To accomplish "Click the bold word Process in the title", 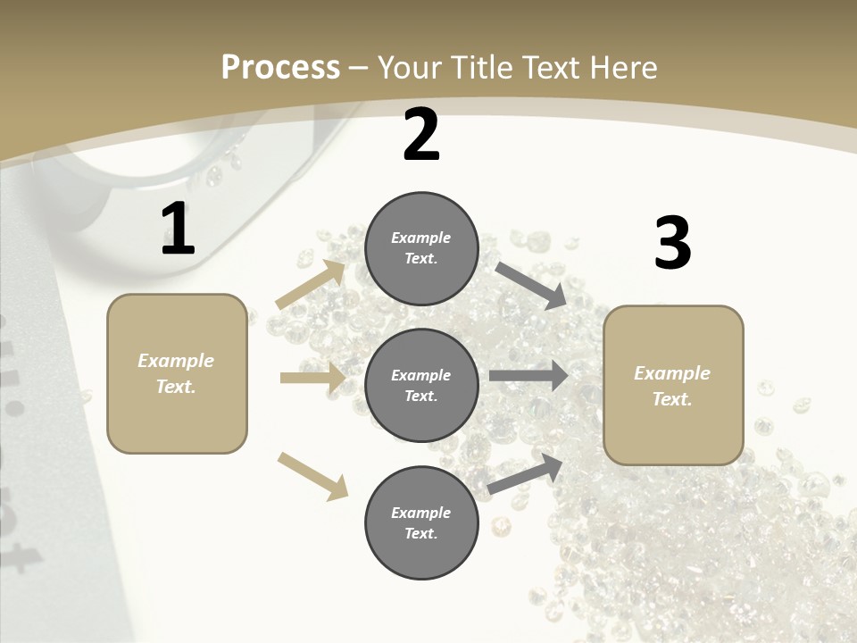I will click(280, 68).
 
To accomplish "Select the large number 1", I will click(178, 230).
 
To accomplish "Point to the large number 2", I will click(421, 136).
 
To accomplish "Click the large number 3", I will click(672, 244).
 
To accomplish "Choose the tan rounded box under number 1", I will click(177, 373).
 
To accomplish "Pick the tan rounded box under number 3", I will click(673, 385).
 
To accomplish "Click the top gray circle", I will click(421, 248).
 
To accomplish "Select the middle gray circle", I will click(421, 385).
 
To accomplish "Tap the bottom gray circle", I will click(421, 522).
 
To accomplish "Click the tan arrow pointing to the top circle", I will click(311, 284).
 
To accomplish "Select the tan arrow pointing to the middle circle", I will click(312, 378).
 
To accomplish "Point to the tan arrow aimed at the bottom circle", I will click(312, 475).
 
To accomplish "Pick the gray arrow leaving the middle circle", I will click(528, 376).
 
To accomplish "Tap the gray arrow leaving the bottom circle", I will click(525, 474).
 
